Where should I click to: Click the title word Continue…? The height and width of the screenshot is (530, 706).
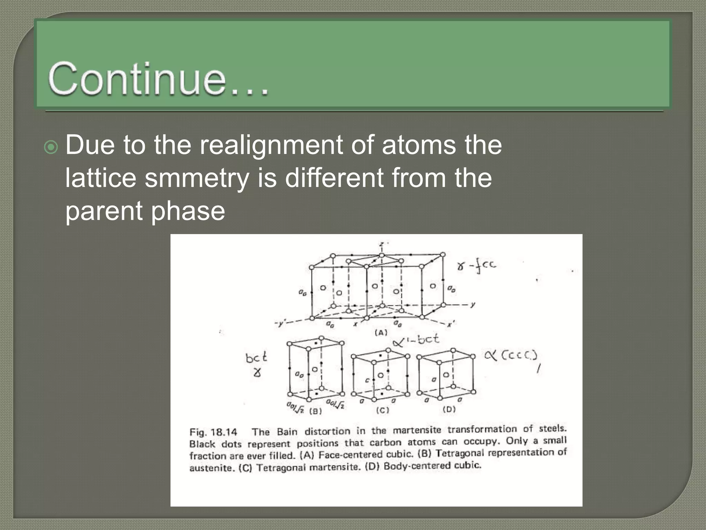click(x=159, y=79)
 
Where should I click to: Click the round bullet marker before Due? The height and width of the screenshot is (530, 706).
click(x=51, y=148)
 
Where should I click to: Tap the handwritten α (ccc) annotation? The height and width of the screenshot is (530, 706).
click(x=511, y=355)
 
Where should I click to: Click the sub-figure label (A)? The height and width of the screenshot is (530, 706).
click(x=381, y=333)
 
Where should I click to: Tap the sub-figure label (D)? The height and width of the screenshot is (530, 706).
click(x=449, y=409)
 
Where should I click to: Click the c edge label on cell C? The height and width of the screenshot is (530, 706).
click(x=367, y=380)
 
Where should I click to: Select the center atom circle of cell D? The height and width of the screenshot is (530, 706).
click(x=446, y=375)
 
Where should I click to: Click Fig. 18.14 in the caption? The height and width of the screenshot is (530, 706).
click(x=213, y=432)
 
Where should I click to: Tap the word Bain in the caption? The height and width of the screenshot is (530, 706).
click(x=287, y=432)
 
